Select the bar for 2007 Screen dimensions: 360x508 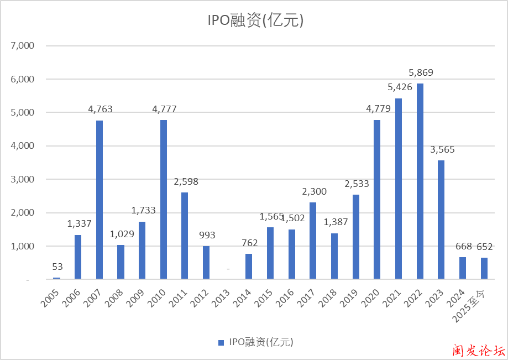pyautogui.click(x=99, y=200)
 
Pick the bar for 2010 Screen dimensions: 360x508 pyautogui.click(x=164, y=199)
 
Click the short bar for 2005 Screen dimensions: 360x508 pyautogui.click(x=56, y=278)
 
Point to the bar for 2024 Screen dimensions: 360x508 pyautogui.click(x=463, y=268)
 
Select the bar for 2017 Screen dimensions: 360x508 pyautogui.click(x=313, y=241)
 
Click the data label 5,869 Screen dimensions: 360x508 pyautogui.click(x=421, y=72)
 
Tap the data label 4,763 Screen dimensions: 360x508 pyautogui.click(x=100, y=109)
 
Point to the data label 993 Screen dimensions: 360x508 pyautogui.click(x=206, y=234)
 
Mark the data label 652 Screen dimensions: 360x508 pyautogui.click(x=485, y=247)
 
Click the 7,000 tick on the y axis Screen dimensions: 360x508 pyautogui.click(x=23, y=46)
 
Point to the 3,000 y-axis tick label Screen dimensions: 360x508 pyautogui.click(x=23, y=179)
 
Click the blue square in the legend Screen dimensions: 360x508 pyautogui.click(x=221, y=342)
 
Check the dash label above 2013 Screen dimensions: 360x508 pyautogui.click(x=228, y=269)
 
